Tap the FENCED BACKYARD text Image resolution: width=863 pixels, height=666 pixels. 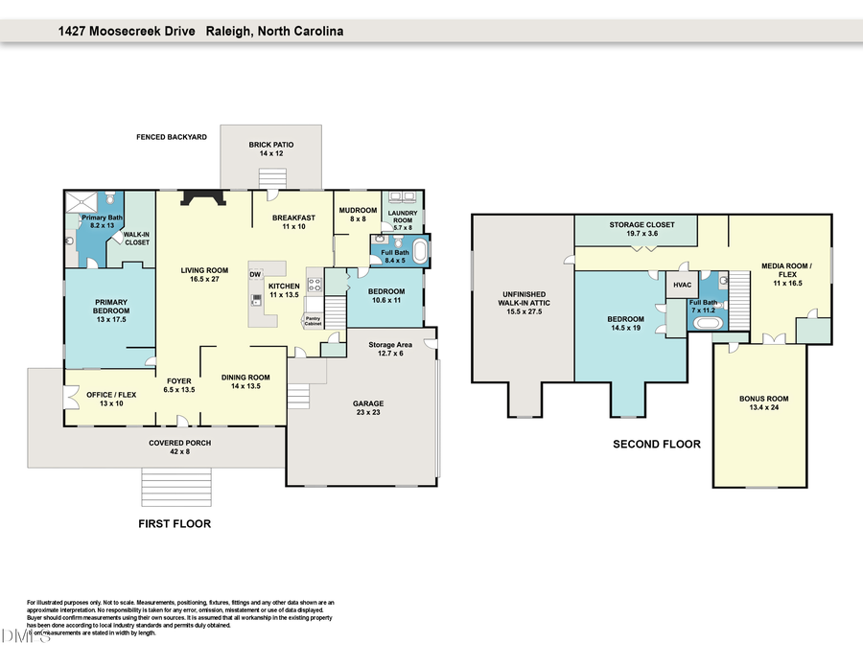pyautogui.click(x=172, y=137)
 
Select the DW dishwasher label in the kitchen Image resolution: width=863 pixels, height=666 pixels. pyautogui.click(x=255, y=275)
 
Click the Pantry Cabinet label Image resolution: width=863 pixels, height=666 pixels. pyautogui.click(x=313, y=320)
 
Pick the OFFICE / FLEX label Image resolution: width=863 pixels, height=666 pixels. pyautogui.click(x=105, y=398)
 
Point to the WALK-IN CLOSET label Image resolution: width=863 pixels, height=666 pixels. pyautogui.click(x=135, y=239)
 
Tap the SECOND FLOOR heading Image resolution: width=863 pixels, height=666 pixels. pyautogui.click(x=657, y=444)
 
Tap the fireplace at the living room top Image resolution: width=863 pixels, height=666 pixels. pyautogui.click(x=203, y=198)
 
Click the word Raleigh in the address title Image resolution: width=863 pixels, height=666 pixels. pyautogui.click(x=227, y=31)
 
